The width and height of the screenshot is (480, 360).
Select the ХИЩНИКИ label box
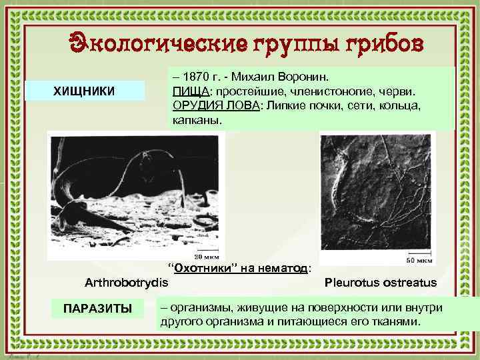(84, 91)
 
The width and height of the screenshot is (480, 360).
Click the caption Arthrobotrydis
(127, 282)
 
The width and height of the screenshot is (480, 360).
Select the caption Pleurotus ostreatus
(381, 282)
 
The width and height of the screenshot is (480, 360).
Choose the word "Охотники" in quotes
(201, 268)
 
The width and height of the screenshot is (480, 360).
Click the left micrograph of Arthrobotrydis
(133, 193)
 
